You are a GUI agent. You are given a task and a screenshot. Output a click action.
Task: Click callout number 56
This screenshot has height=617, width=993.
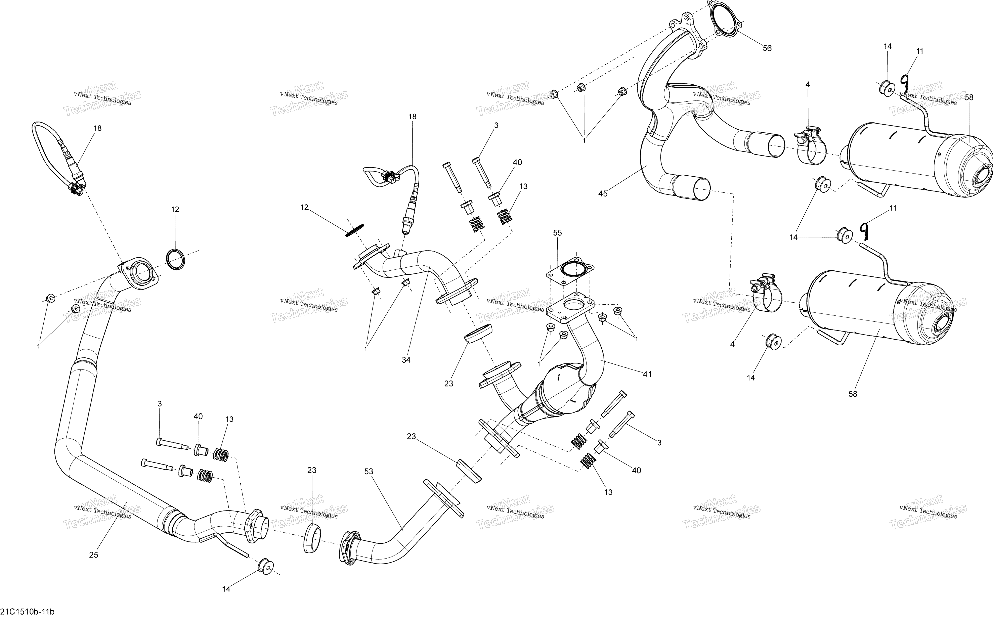(767, 48)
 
